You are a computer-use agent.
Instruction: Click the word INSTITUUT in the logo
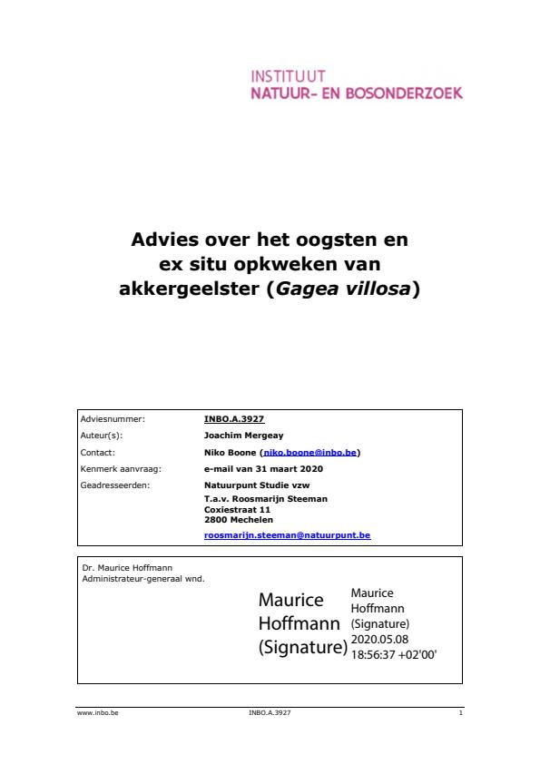[x=288, y=77]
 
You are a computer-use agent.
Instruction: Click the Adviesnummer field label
[x=113, y=419]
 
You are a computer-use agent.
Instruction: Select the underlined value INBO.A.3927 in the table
[x=234, y=419]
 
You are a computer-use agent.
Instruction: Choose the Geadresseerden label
[x=114, y=485]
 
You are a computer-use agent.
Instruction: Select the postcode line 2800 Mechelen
[x=238, y=520]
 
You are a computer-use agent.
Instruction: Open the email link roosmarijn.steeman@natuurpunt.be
[x=287, y=535]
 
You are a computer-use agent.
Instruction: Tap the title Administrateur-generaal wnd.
[x=143, y=577]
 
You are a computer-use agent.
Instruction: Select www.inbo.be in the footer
[x=98, y=713]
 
